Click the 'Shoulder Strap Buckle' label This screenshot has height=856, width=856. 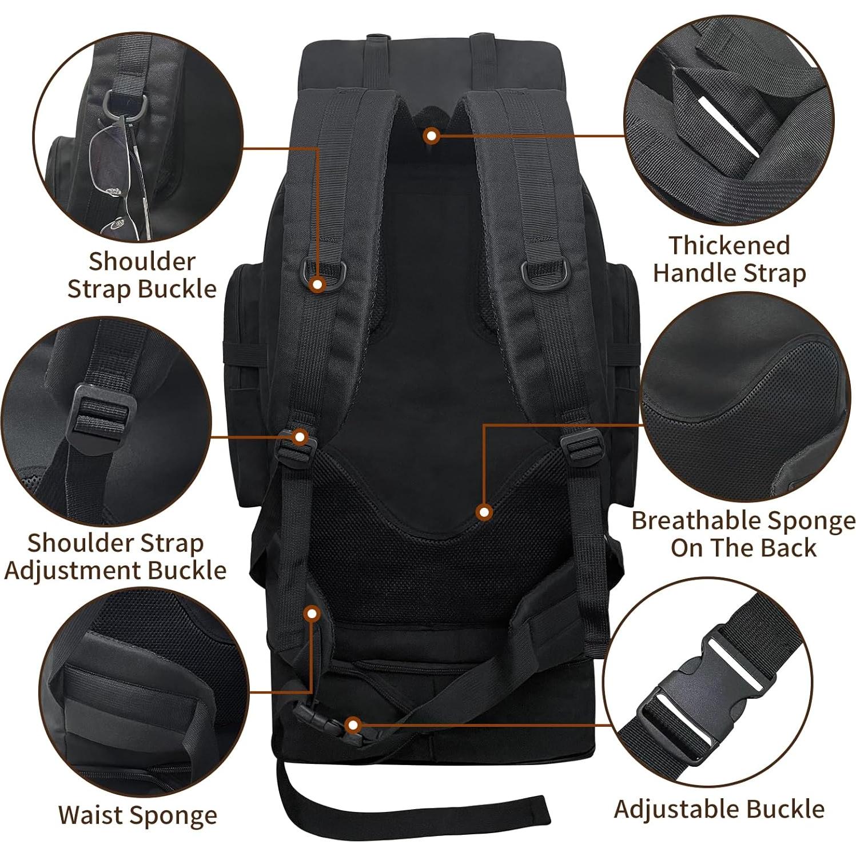pyautogui.click(x=142, y=275)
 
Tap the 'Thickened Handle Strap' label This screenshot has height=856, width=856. pyautogui.click(x=729, y=259)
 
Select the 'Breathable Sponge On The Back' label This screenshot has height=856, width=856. pyautogui.click(x=743, y=534)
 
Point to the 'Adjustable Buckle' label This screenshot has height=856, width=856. pyautogui.click(x=719, y=809)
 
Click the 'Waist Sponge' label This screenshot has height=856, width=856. pyautogui.click(x=137, y=815)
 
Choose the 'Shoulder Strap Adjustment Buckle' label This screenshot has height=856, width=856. pyautogui.click(x=116, y=556)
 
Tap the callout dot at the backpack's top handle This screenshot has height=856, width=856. pyautogui.click(x=432, y=136)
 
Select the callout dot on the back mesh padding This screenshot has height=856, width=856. pyautogui.click(x=484, y=512)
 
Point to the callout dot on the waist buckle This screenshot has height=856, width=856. pyautogui.click(x=353, y=726)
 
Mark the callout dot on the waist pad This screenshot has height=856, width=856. pyautogui.click(x=312, y=615)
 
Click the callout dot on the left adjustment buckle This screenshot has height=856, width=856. pyautogui.click(x=300, y=437)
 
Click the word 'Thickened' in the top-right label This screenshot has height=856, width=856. pyautogui.click(x=729, y=245)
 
